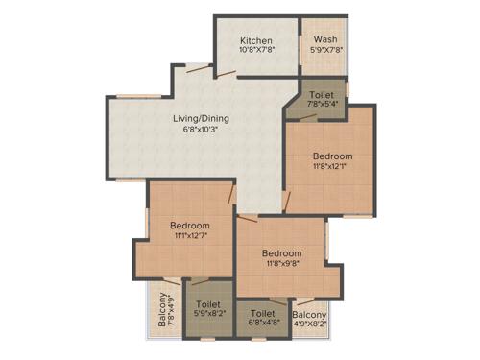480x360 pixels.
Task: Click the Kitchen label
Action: pos(256,41)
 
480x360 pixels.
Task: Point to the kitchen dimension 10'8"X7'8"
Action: pos(256,53)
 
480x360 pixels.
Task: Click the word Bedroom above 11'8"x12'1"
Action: pos(332,156)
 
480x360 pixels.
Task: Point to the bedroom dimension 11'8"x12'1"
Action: pos(332,168)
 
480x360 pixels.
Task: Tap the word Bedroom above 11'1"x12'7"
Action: pos(190,226)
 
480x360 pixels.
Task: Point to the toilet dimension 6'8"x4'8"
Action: pos(263,324)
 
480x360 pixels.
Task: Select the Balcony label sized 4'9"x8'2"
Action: pos(309,314)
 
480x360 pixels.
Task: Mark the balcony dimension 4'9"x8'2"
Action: pos(309,324)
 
